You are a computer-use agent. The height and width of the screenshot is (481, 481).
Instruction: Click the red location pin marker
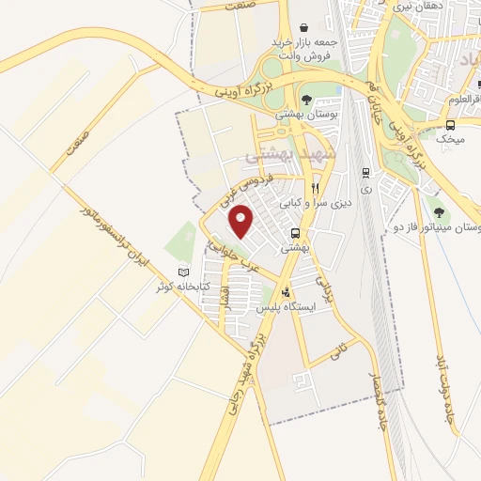coord(242,221)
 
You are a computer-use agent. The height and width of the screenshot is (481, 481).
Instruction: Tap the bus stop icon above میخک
coord(451,124)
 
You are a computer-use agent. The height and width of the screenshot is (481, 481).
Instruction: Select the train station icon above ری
coord(365,172)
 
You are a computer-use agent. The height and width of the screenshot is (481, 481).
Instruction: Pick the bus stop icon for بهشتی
coord(296,234)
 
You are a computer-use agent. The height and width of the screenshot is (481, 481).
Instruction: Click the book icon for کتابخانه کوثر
coord(183,272)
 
